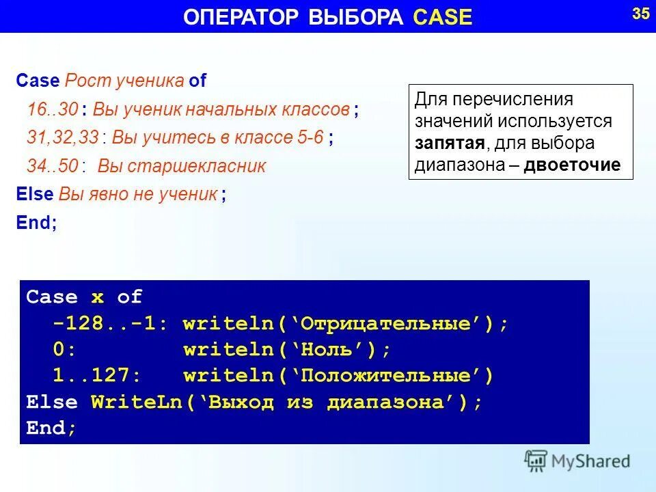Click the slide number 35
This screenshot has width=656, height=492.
point(640,14)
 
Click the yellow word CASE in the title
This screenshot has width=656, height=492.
point(443,18)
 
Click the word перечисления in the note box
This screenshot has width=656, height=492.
point(514,100)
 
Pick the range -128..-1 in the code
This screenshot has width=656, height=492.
point(106,323)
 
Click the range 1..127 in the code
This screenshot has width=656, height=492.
point(96,376)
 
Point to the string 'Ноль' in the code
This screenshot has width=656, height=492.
point(331,349)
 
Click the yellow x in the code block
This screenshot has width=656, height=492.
point(98,297)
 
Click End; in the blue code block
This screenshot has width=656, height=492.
point(51,428)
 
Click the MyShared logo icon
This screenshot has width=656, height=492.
point(536,460)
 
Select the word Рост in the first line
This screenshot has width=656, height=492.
point(82,81)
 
